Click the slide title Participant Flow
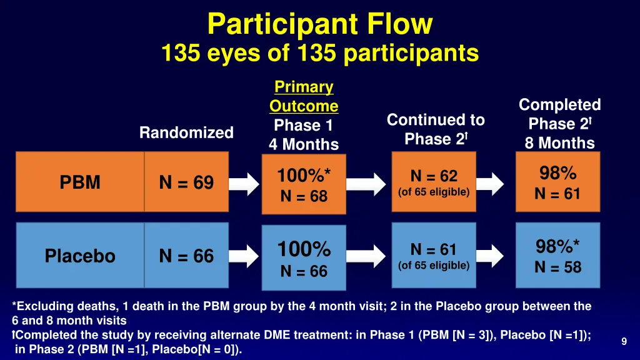point(319,24)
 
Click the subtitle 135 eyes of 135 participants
point(319,52)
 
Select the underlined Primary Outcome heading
point(304,96)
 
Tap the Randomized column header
point(186,132)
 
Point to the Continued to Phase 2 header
point(436,129)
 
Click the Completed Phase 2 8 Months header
point(559,123)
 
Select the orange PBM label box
point(80,182)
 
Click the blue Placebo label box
point(80,256)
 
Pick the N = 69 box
point(186,182)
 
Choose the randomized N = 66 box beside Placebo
point(186,256)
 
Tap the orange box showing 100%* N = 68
point(304,185)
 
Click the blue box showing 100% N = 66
point(304,258)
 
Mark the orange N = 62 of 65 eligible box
point(434,182)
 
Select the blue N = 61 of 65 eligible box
point(434,256)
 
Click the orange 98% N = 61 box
point(557,182)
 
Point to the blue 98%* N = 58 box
point(557,256)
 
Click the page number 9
point(624,341)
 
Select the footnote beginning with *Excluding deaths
point(301,312)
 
